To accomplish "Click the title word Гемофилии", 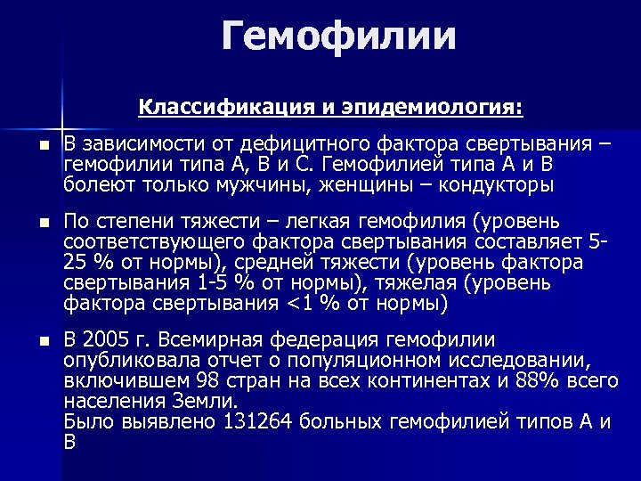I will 339,37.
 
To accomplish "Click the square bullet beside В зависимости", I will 31,146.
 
